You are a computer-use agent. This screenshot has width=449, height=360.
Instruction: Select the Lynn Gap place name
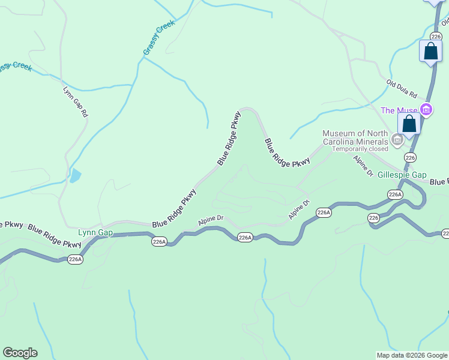[95, 232]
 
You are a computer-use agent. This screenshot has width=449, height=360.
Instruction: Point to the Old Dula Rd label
[402, 89]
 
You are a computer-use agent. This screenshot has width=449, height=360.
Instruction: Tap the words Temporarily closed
[360, 149]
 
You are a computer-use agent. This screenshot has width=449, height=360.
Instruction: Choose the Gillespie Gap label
[402, 174]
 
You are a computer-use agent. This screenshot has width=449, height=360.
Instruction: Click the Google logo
[20, 353]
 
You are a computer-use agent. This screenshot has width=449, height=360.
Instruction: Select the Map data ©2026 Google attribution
[411, 355]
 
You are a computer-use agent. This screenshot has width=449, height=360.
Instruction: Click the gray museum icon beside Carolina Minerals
[397, 140]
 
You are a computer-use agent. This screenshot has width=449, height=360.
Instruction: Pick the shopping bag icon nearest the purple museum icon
[409, 124]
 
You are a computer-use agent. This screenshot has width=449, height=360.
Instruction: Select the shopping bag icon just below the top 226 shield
[430, 51]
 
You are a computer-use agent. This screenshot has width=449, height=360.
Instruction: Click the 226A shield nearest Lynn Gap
[75, 259]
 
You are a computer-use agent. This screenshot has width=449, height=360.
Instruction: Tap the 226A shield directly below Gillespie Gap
[395, 194]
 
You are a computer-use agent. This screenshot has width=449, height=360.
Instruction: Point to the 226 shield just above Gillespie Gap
[409, 157]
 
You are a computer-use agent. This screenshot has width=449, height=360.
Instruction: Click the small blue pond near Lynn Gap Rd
[74, 176]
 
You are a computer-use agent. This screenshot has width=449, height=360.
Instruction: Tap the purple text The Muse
[398, 110]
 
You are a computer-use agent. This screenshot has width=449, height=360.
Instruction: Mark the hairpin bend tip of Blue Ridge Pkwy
[248, 110]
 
